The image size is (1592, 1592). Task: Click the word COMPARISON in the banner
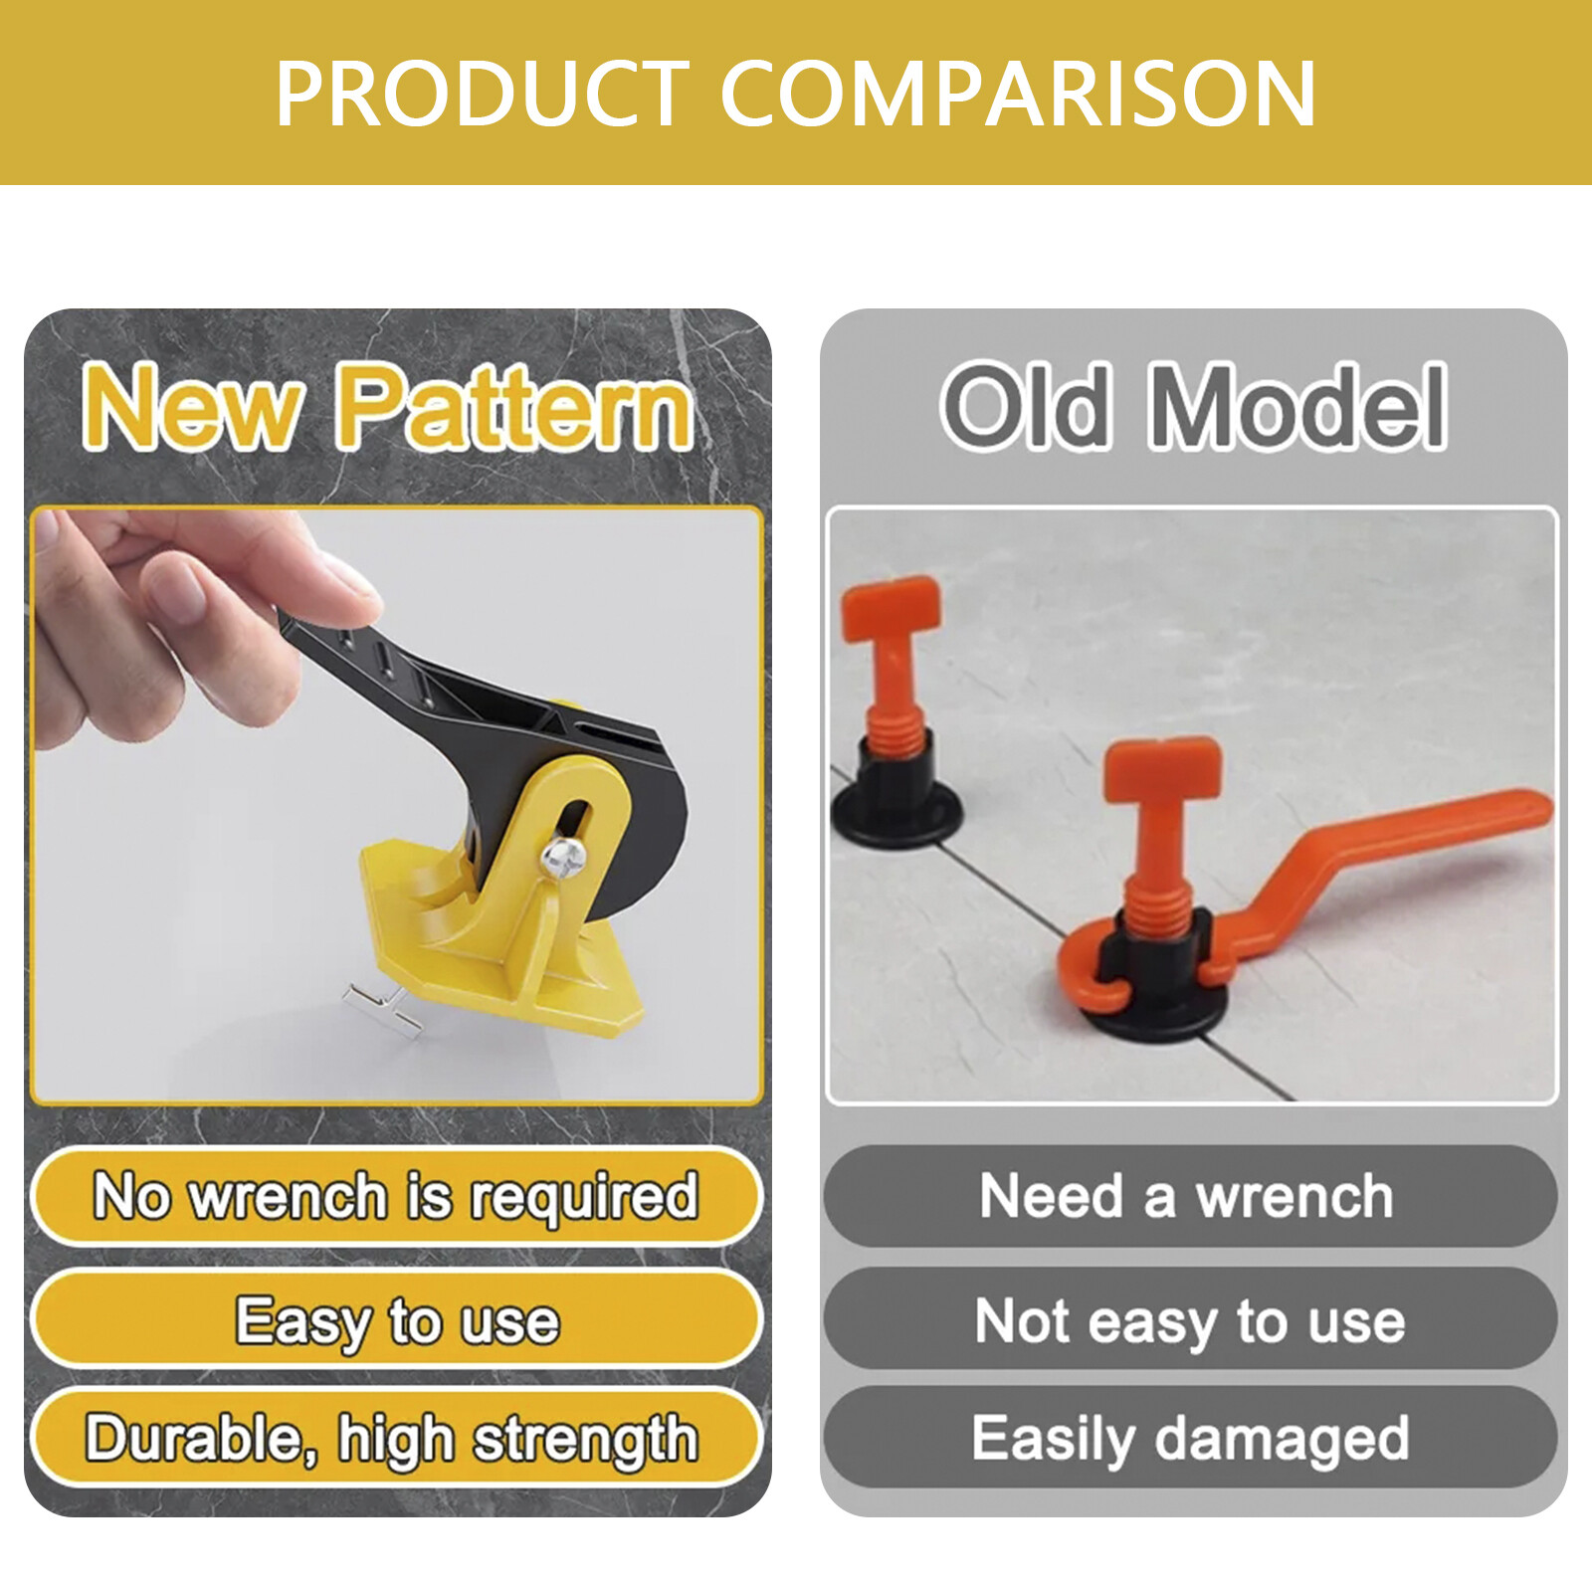pos(1017,94)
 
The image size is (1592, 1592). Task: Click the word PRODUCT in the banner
pos(483,94)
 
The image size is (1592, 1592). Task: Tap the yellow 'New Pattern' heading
pos(388,406)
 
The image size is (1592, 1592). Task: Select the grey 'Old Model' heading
pos(1193,406)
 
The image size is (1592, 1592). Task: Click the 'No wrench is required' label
pos(396,1196)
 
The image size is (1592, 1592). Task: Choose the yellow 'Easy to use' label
pos(396,1320)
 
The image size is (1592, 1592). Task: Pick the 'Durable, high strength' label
pos(392,1439)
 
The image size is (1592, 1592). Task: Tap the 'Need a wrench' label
pos(1187,1196)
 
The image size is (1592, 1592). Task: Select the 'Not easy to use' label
pos(1190,1320)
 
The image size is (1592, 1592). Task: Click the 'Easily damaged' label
pos(1190,1439)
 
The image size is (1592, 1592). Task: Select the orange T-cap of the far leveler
pos(891,607)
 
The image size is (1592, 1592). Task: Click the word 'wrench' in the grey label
pos(1294,1196)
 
